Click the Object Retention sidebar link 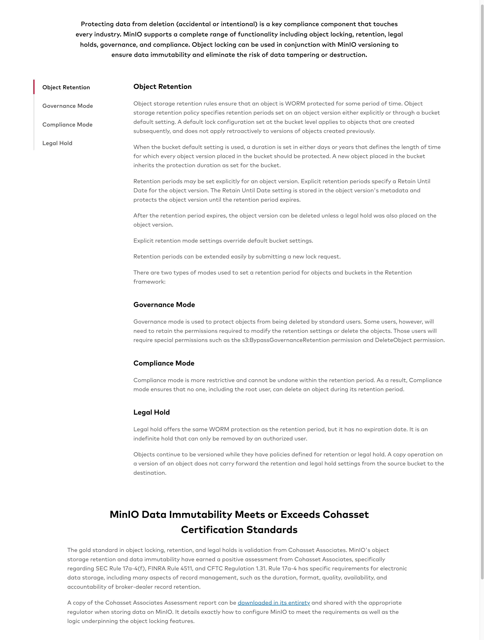[66, 87]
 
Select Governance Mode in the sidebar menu [67, 106]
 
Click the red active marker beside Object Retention [34, 87]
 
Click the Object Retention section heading [162, 87]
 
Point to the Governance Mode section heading [164, 305]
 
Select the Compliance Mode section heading [164, 363]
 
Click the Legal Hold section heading [151, 412]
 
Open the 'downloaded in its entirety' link [274, 603]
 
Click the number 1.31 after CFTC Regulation [261, 568]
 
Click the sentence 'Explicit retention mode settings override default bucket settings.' [223, 241]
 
